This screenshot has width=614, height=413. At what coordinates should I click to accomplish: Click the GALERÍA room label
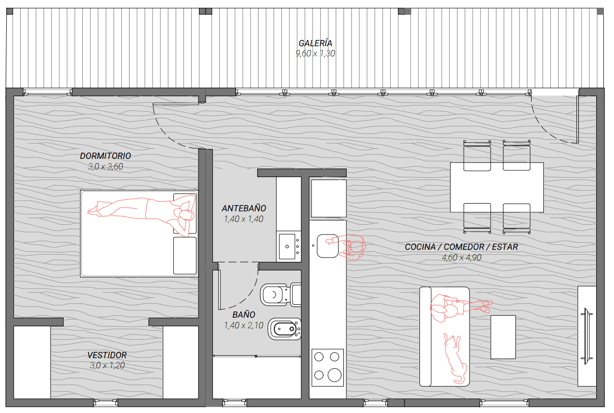tap(315, 43)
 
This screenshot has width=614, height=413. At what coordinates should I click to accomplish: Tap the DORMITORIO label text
tap(105, 156)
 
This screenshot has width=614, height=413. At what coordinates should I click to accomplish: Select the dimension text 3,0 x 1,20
tap(107, 365)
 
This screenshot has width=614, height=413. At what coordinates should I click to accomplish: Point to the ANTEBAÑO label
tap(244, 208)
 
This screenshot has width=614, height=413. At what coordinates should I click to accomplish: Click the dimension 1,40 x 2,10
tap(244, 325)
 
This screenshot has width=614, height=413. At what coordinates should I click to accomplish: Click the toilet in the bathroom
tap(280, 295)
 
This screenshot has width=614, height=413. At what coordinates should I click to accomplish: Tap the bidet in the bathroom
tap(285, 329)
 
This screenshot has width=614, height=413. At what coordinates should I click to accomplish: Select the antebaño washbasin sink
tap(288, 246)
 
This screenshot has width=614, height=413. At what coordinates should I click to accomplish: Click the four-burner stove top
tap(327, 367)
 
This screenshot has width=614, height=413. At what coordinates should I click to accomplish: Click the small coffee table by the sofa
tap(503, 337)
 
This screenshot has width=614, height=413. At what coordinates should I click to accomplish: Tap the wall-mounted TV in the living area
tap(587, 336)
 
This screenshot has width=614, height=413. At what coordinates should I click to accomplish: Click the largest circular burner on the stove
tap(334, 375)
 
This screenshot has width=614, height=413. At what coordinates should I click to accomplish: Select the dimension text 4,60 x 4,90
tap(462, 258)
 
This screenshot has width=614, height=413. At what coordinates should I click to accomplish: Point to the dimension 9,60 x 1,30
tap(315, 53)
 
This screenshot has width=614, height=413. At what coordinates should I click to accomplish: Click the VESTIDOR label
tap(107, 355)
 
